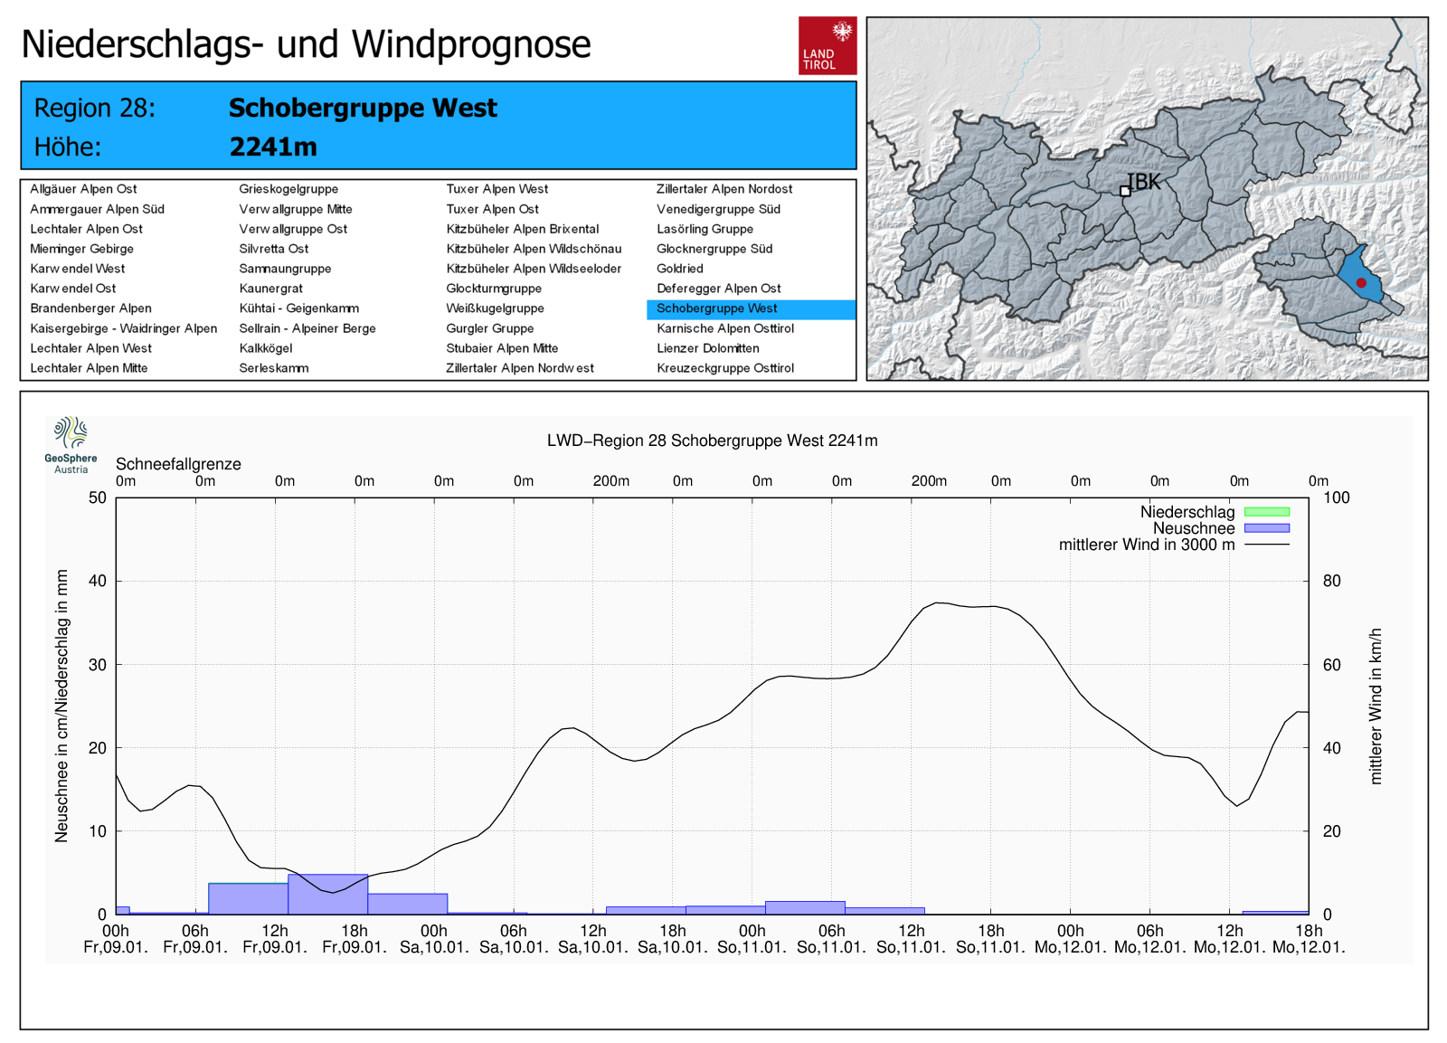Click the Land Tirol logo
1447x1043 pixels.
(x=827, y=45)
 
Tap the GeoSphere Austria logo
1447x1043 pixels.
(x=71, y=444)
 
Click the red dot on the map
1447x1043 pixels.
(x=1361, y=283)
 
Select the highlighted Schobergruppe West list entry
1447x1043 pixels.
(x=716, y=309)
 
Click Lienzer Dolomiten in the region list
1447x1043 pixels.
(x=707, y=348)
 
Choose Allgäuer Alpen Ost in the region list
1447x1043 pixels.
(x=83, y=189)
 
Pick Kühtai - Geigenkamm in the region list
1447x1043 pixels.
(x=298, y=308)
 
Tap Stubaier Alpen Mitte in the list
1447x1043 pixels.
(x=502, y=348)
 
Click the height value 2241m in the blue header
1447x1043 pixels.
(x=273, y=147)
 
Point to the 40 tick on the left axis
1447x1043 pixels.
(x=98, y=581)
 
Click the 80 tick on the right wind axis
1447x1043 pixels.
(x=1331, y=581)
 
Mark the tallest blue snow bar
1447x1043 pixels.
(x=328, y=894)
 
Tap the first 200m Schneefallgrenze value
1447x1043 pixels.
(x=611, y=481)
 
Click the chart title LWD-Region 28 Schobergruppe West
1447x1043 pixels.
(x=712, y=441)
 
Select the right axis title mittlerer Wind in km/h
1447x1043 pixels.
(x=1376, y=706)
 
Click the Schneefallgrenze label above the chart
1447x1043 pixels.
(x=178, y=464)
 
